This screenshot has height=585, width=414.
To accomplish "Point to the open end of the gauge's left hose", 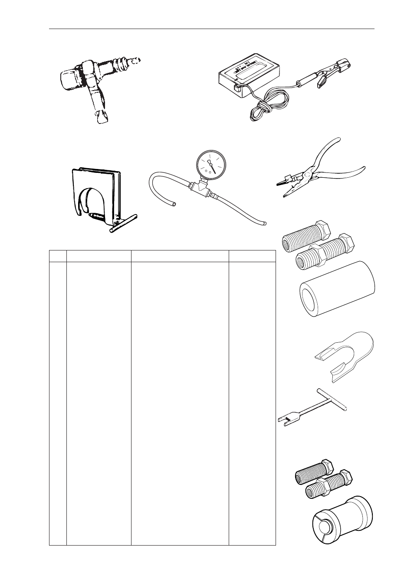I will point(174,203).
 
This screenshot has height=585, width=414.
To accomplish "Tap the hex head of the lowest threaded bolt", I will point(346,477).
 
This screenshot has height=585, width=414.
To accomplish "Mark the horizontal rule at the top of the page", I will point(211,29).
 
